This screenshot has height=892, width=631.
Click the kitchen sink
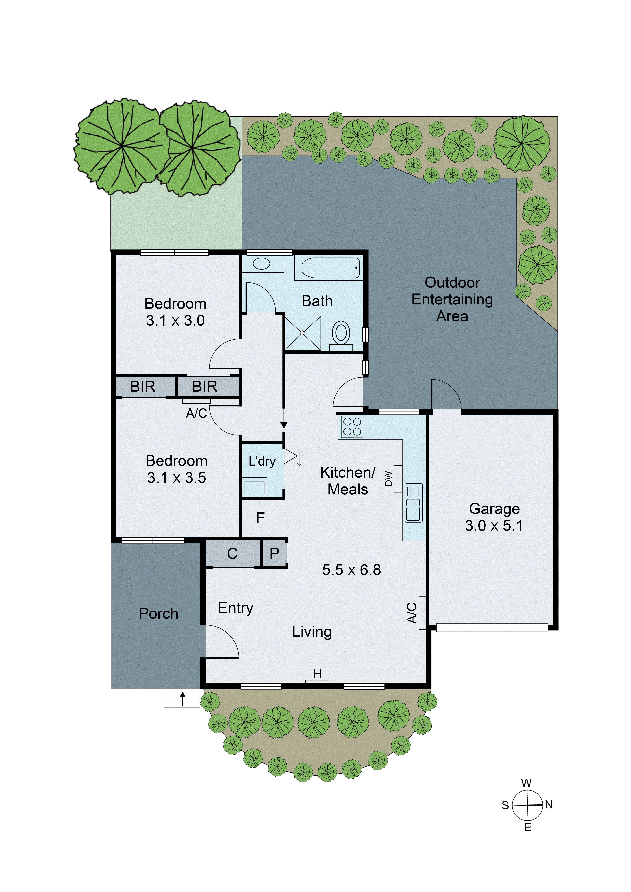[413, 503]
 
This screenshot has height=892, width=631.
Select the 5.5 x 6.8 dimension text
[351, 570]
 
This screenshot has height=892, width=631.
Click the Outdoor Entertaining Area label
[452, 299]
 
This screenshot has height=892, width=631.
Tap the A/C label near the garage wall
[412, 613]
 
